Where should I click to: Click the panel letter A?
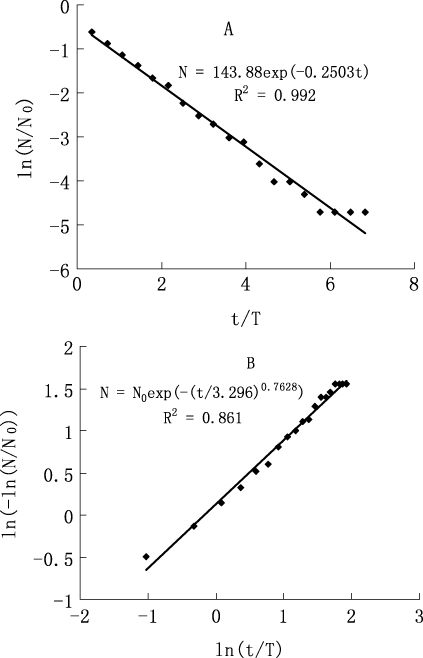click(229, 30)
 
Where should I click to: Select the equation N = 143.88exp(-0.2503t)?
click(263, 72)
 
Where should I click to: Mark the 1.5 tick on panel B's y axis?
click(52, 390)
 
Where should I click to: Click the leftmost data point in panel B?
click(146, 556)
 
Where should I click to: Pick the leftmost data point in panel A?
click(92, 32)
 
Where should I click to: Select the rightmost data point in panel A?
click(365, 212)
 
